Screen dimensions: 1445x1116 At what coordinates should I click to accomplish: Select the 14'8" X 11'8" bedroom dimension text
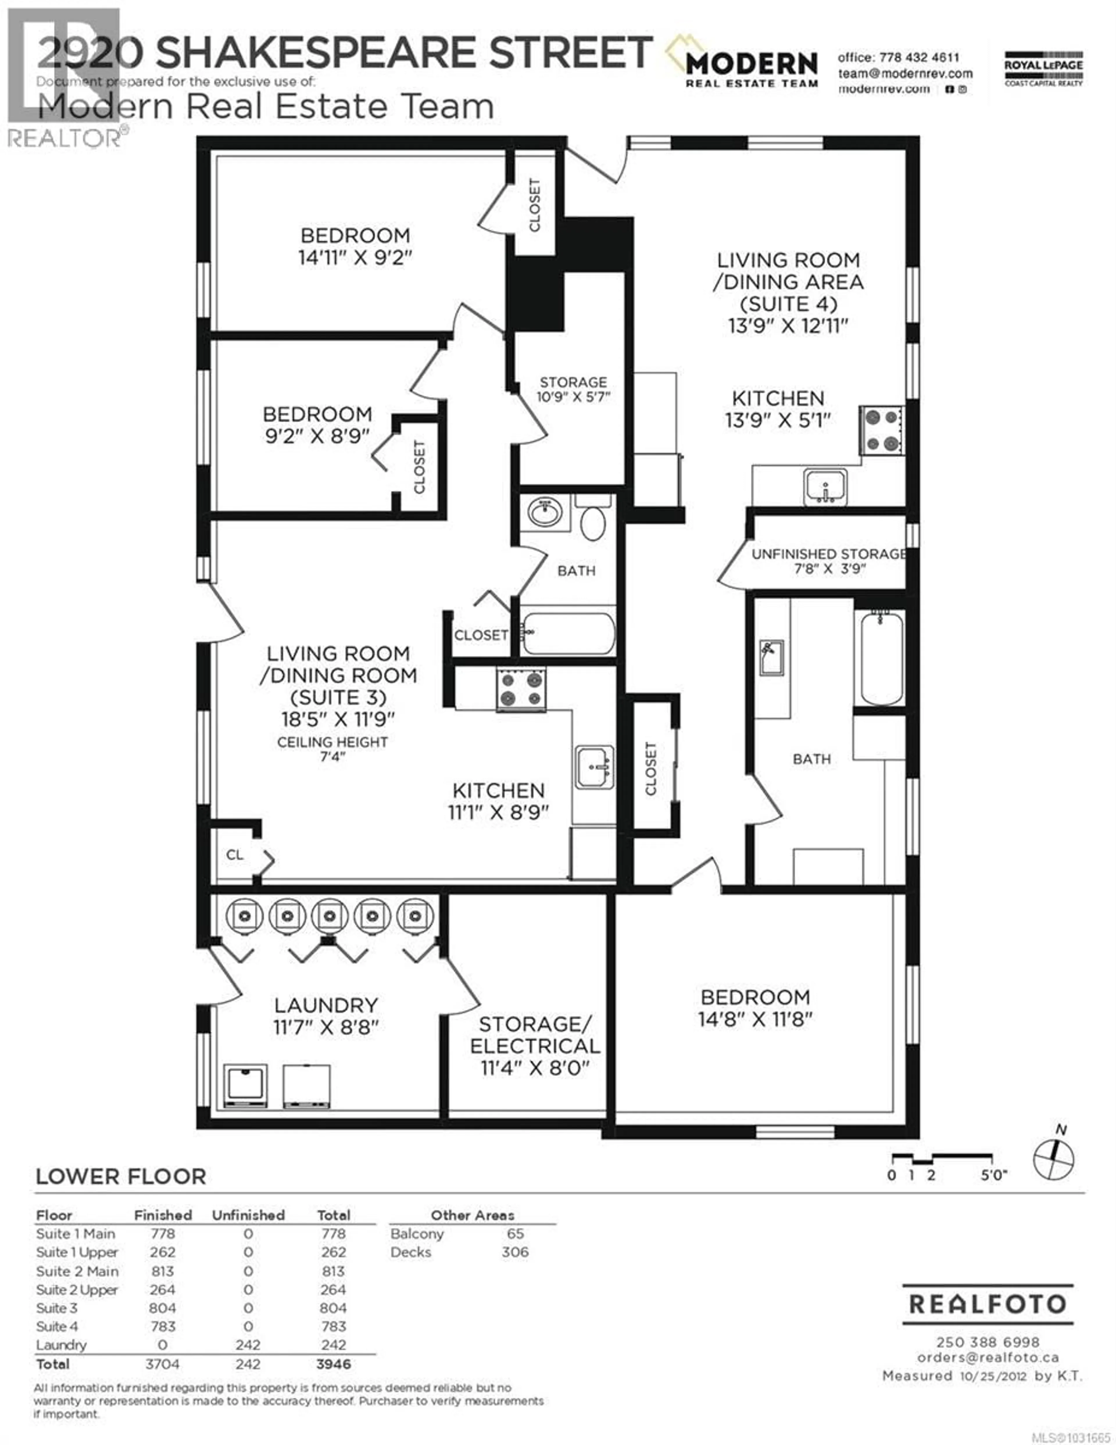tap(755, 1019)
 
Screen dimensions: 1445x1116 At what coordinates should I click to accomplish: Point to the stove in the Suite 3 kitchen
tap(521, 689)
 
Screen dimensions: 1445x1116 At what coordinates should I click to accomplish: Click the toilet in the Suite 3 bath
tap(593, 519)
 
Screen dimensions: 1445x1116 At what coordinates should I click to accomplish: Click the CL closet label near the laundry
tap(235, 855)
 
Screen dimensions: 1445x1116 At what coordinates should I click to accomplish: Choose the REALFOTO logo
tap(988, 1304)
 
